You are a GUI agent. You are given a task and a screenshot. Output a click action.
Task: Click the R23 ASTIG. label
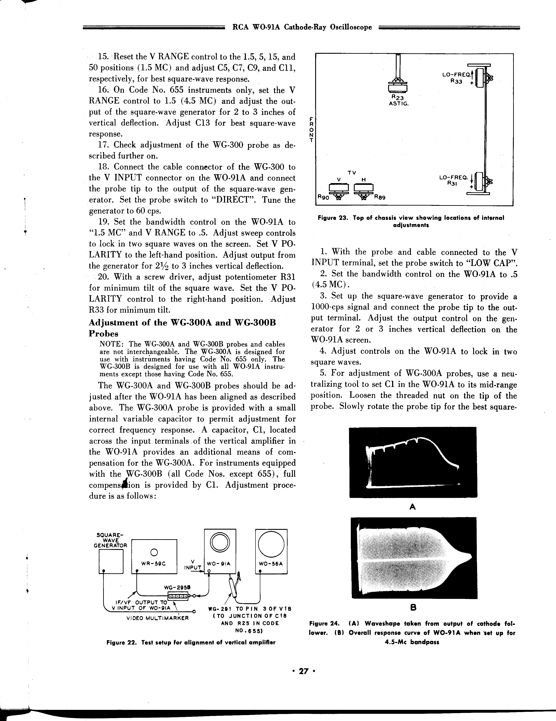click(398, 100)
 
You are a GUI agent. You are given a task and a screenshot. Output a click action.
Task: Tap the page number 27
click(303, 671)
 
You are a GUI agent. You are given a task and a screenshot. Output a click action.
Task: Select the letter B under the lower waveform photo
click(413, 607)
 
